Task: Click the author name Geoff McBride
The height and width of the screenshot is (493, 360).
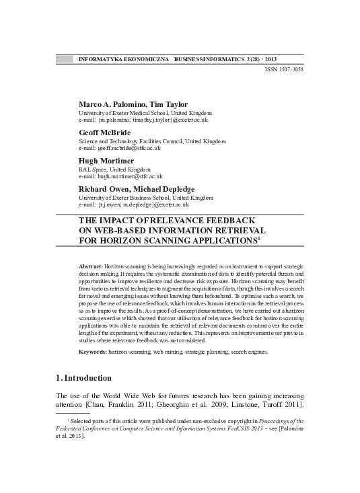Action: pos(105,133)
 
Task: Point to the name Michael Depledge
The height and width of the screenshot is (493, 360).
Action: pos(166,189)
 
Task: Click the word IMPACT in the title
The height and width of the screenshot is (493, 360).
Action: pos(121,221)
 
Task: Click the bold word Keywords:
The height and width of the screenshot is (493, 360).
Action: pos(93,352)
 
